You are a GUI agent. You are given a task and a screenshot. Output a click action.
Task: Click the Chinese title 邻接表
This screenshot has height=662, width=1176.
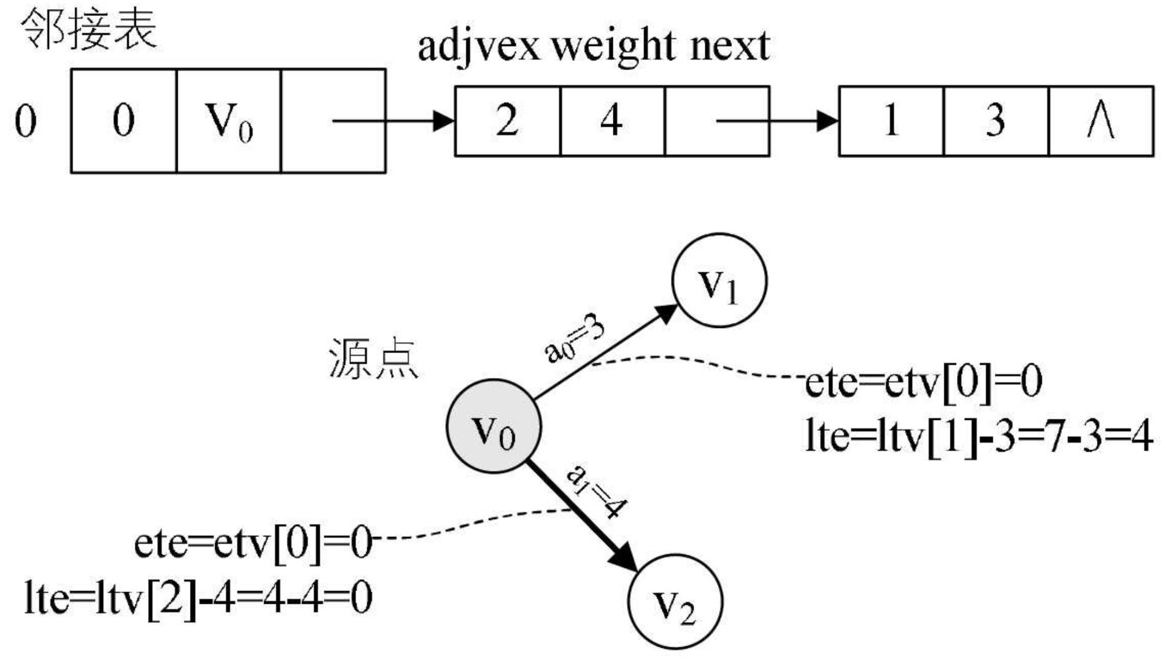pyautogui.click(x=89, y=29)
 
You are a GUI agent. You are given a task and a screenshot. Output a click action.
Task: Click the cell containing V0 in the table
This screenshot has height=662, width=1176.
pyautogui.click(x=229, y=121)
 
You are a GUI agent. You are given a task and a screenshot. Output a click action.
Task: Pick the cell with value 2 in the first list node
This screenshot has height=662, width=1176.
pyautogui.click(x=507, y=121)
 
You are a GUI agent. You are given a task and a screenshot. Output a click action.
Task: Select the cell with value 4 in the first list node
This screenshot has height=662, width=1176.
pyautogui.click(x=612, y=121)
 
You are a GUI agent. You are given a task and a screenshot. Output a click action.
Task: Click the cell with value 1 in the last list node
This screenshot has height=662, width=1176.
pyautogui.click(x=890, y=121)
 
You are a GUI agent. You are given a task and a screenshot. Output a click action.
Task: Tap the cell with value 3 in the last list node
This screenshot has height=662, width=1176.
pyautogui.click(x=995, y=121)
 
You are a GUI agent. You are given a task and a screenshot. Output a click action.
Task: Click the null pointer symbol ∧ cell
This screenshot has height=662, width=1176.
pyautogui.click(x=1101, y=121)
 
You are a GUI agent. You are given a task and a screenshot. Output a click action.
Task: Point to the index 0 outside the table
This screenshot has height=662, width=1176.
pyautogui.click(x=26, y=121)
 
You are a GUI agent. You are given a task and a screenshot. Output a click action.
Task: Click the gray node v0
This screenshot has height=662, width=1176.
pyautogui.click(x=493, y=427)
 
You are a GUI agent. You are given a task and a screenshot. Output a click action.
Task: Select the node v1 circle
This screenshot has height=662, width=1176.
pyautogui.click(x=719, y=281)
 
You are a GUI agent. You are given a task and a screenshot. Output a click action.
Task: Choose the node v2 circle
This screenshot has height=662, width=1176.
pyautogui.click(x=675, y=601)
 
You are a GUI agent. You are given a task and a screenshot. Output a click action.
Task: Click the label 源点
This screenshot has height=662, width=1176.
pyautogui.click(x=374, y=359)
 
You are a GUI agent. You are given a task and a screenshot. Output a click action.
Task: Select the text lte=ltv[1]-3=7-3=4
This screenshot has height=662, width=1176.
pyautogui.click(x=979, y=436)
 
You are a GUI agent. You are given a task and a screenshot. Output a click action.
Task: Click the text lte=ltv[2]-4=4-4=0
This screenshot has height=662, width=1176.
pyautogui.click(x=199, y=598)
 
